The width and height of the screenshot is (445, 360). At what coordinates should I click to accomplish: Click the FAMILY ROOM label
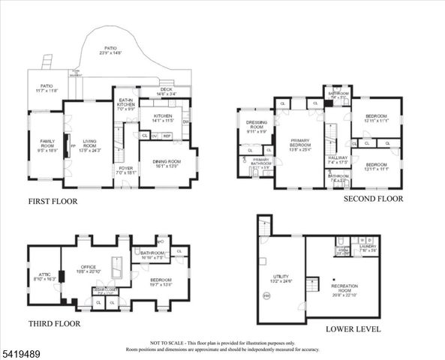pos(47,142)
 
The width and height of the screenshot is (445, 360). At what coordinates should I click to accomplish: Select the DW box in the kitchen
pos(185,121)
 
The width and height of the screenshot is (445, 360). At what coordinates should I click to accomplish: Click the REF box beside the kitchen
pos(167,136)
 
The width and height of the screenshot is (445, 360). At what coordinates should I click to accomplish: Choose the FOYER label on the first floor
pos(124,168)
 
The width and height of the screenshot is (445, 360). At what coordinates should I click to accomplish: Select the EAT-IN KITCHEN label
pos(125,103)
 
